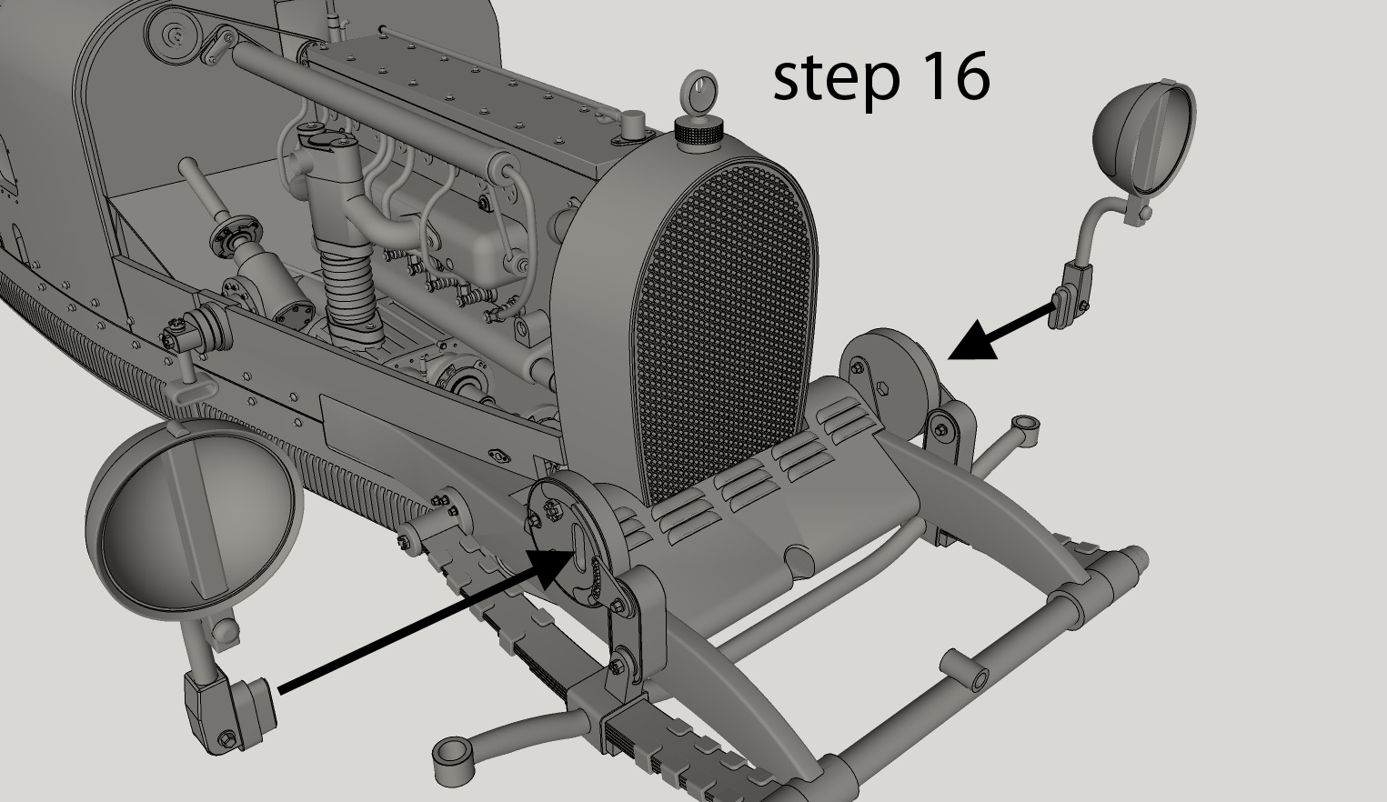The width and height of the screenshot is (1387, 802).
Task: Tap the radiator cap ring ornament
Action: (x=698, y=93)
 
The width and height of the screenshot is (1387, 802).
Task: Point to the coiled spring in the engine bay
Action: (x=349, y=291)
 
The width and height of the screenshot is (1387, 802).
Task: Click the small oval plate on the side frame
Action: (x=500, y=454)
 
